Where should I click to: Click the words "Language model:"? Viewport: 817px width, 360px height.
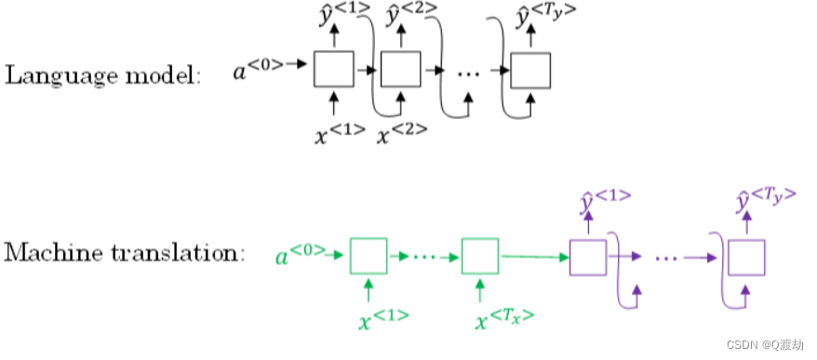point(103,75)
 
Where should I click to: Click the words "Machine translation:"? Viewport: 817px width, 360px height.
point(126,252)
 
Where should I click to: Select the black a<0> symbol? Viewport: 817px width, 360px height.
point(258,66)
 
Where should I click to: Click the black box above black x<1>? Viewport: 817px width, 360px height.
point(333,69)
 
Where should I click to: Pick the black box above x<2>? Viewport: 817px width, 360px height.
point(401,69)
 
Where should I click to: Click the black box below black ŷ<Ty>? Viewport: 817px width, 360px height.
point(530,69)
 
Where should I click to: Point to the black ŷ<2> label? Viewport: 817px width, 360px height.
point(406,15)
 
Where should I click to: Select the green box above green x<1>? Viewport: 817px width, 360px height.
point(368,255)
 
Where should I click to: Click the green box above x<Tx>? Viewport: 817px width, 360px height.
point(480,255)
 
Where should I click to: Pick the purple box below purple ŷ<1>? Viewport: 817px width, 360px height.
point(587,256)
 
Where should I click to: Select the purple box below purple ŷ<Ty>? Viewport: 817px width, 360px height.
point(746,256)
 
